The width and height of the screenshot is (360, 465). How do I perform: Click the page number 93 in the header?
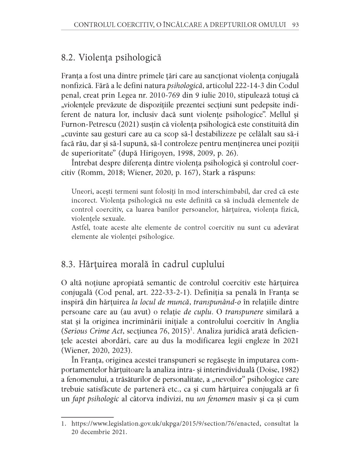(x=295, y=25)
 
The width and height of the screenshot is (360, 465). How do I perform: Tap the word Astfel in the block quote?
(x=80, y=228)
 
